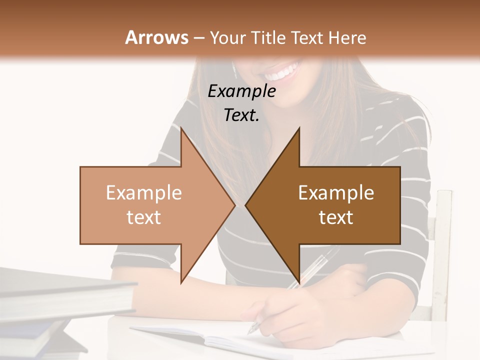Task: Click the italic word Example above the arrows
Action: click(241, 91)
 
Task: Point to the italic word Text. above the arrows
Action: click(241, 115)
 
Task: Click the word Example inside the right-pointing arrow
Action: click(144, 192)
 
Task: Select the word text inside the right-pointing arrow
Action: click(144, 217)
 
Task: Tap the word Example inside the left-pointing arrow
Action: click(336, 192)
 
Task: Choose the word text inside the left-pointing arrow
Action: click(336, 217)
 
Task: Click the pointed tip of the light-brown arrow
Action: click(234, 205)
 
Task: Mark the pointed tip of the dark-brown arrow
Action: click(246, 205)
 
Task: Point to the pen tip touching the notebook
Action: click(251, 331)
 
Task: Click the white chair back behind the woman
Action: click(442, 250)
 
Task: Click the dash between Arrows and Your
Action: click(198, 38)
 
